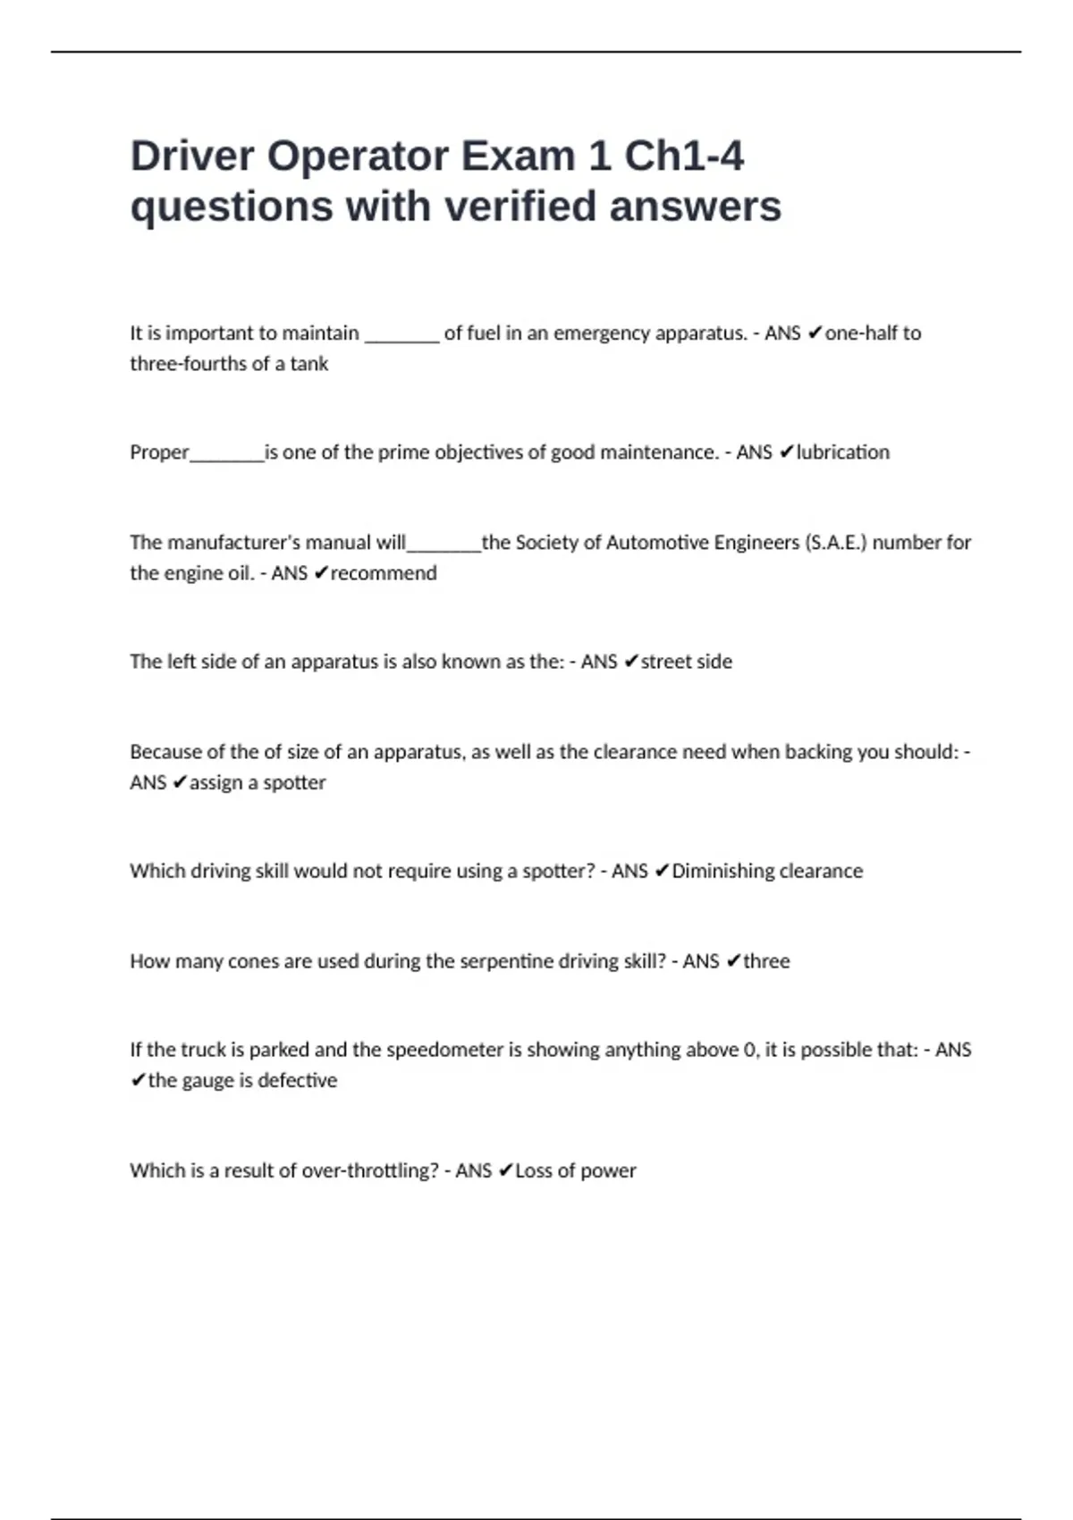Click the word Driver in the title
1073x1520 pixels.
pyautogui.click(x=192, y=156)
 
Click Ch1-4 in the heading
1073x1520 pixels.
pyautogui.click(x=683, y=156)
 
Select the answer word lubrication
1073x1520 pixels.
pyautogui.click(x=842, y=452)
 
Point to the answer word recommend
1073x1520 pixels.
pyautogui.click(x=384, y=573)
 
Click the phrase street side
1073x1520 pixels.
pyautogui.click(x=686, y=662)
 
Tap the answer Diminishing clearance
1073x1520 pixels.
pyautogui.click(x=767, y=871)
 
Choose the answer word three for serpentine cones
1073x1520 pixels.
pyautogui.click(x=766, y=961)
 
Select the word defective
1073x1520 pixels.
pyautogui.click(x=297, y=1080)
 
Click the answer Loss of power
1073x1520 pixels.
pyautogui.click(x=575, y=1170)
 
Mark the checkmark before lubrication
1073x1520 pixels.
pyautogui.click(x=786, y=452)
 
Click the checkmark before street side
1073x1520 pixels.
pyautogui.click(x=630, y=662)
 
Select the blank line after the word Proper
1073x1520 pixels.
pyautogui.click(x=227, y=456)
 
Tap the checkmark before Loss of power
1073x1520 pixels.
pyautogui.click(x=505, y=1170)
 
